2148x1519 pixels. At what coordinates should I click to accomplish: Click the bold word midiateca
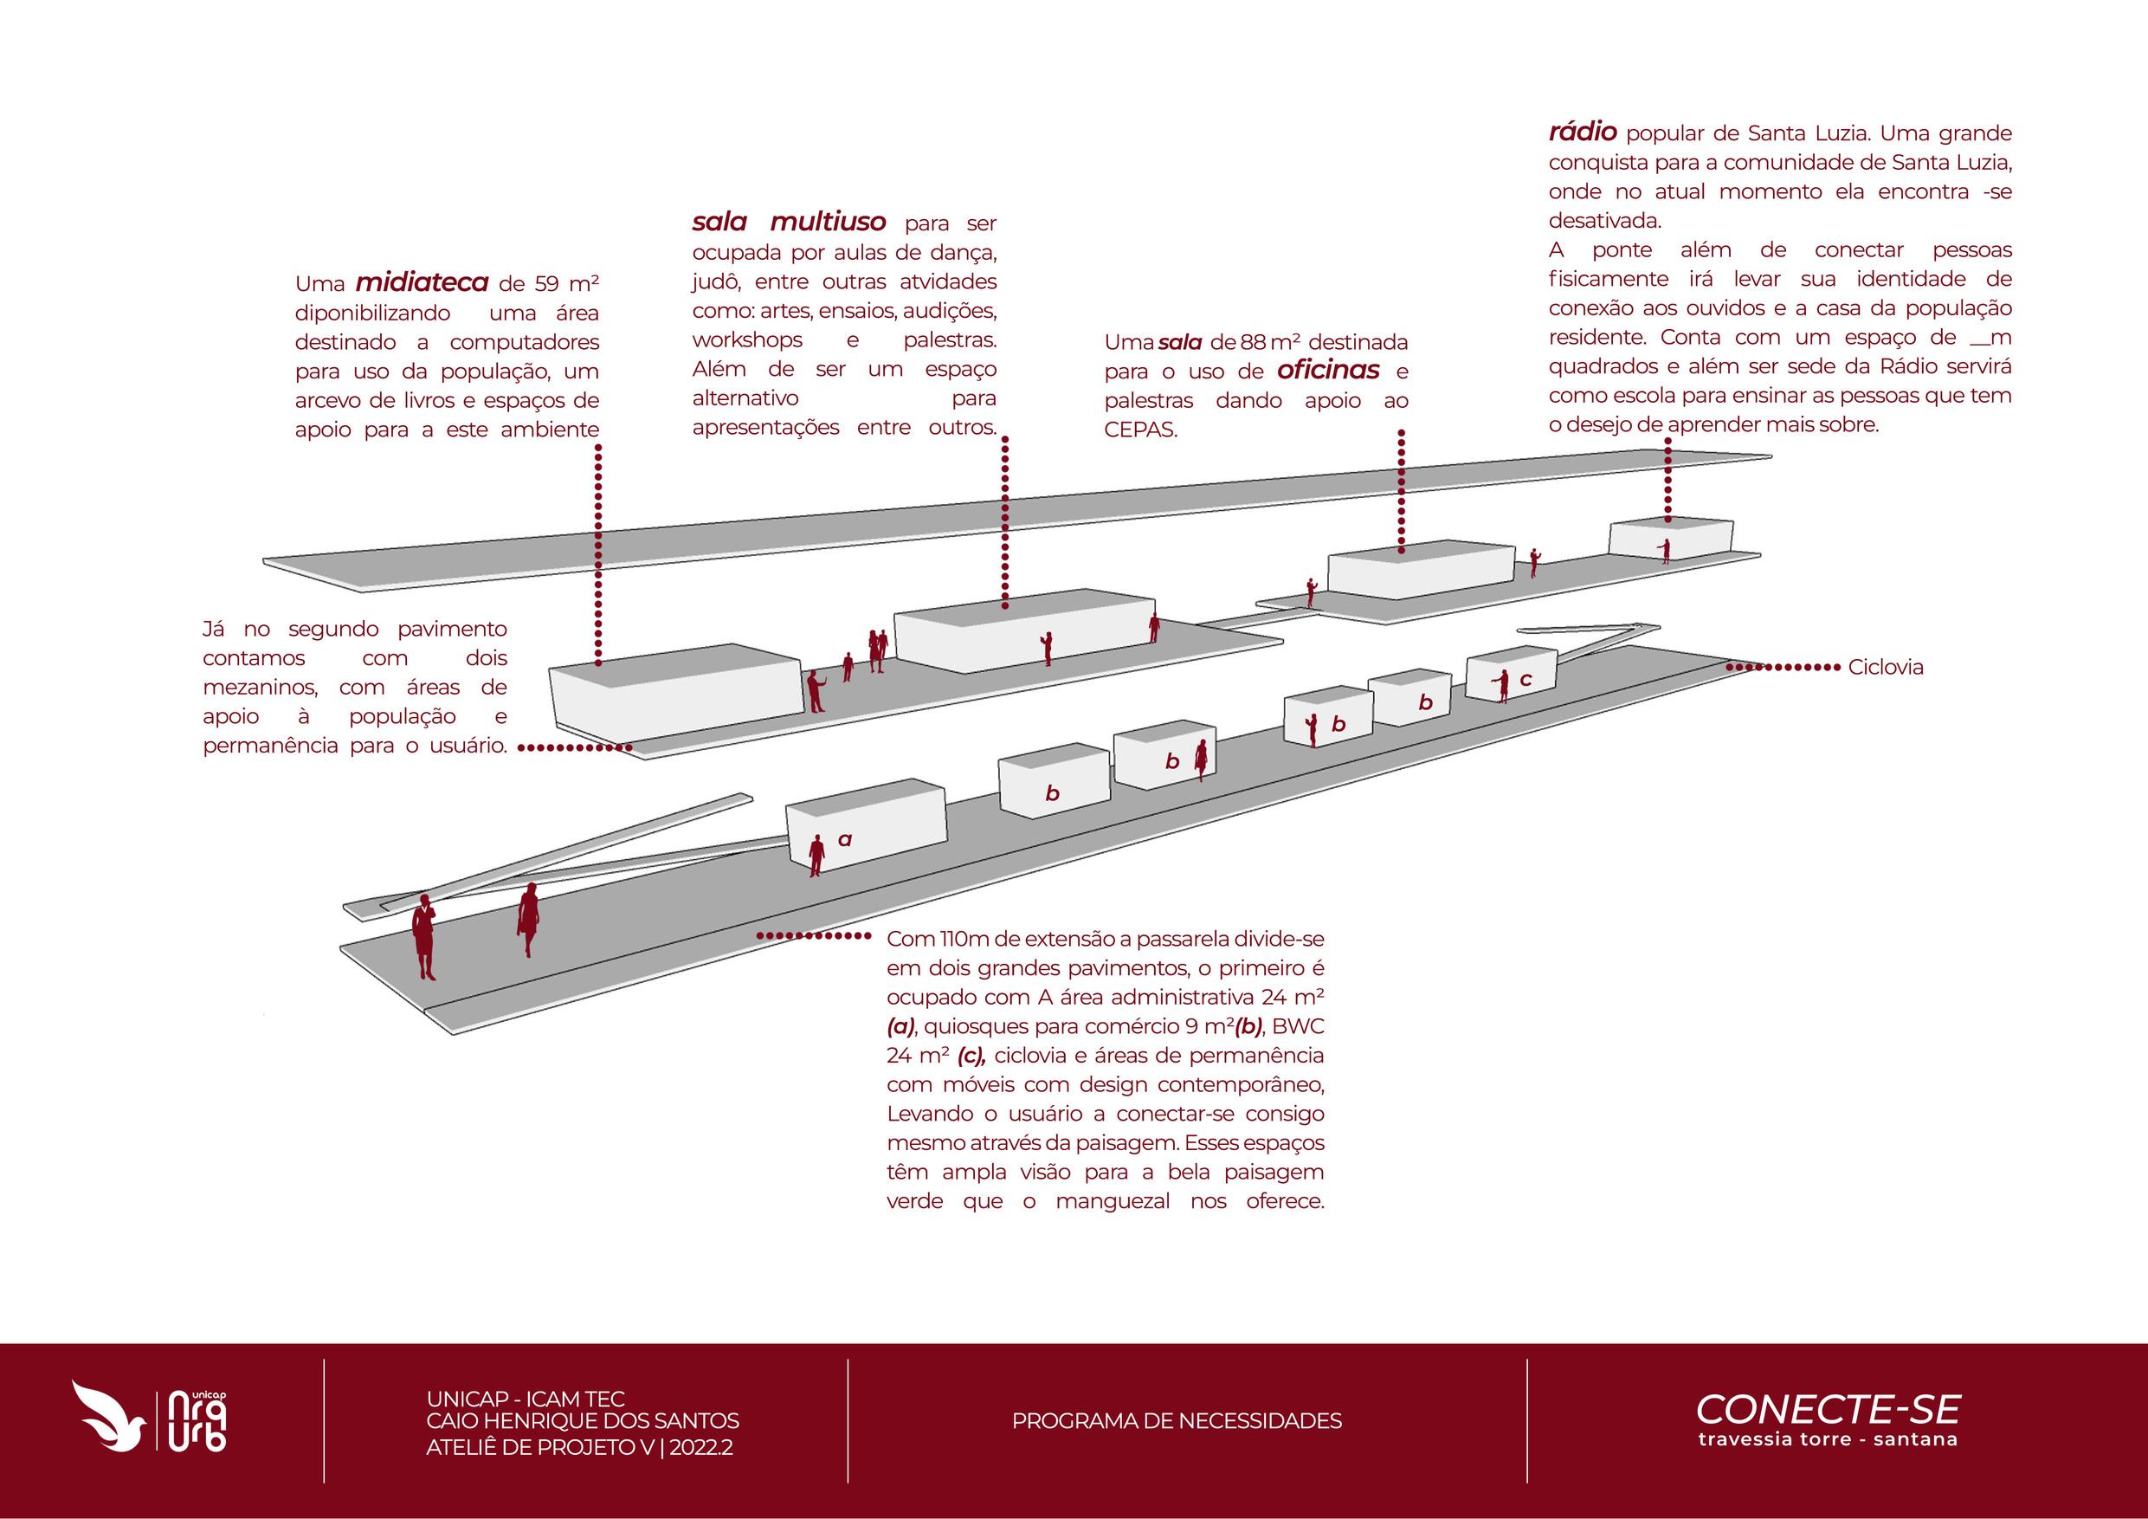422,282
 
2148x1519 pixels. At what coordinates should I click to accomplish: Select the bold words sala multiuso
789,223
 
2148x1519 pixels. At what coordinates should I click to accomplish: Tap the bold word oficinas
1327,371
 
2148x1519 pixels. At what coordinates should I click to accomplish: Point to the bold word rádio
1583,132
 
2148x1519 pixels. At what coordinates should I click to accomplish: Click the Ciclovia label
1885,668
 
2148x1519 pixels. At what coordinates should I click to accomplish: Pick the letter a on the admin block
845,839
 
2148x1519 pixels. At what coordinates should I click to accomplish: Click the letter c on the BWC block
1525,680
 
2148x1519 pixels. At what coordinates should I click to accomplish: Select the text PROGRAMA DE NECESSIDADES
1176,1421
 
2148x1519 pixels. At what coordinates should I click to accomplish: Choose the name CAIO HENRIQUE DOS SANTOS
582,1421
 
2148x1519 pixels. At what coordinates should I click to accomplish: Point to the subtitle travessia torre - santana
1827,1438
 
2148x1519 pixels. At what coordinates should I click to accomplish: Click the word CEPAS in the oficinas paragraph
1139,430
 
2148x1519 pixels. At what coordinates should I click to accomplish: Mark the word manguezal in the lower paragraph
1113,1202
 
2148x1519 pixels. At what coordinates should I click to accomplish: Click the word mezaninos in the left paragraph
259,688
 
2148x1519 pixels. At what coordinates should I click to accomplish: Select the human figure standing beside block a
816,855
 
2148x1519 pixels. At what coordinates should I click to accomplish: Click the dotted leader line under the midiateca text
597,553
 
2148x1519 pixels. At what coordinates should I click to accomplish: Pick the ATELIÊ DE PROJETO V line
579,1447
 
